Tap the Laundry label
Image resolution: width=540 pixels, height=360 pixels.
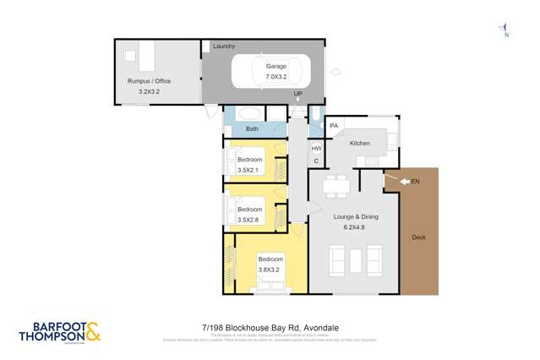[224, 46]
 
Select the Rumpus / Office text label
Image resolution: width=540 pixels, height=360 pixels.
[149, 81]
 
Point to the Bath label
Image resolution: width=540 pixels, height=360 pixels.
[252, 128]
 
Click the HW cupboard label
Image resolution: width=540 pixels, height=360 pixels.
[317, 148]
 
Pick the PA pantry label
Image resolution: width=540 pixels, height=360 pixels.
[335, 127]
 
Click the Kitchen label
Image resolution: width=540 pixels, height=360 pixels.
[361, 144]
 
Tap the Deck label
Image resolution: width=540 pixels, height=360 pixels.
[419, 237]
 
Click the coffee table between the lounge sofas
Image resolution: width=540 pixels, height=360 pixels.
[354, 259]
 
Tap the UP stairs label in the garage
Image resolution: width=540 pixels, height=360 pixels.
[297, 93]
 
